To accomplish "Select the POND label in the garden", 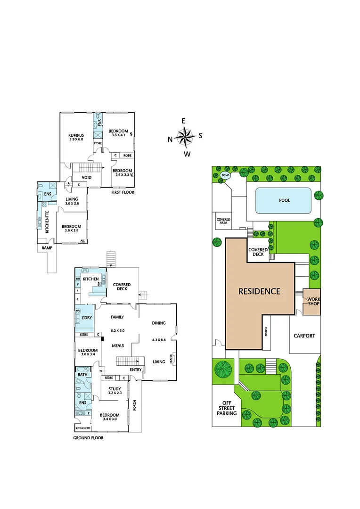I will point(225,175).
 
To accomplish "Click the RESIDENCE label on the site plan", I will point(259,291).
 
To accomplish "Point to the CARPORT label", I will point(304,336).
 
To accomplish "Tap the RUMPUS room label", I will point(76,135).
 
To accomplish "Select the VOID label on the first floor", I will point(87,178).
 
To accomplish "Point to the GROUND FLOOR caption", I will point(88,438).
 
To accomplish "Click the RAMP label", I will point(46,247).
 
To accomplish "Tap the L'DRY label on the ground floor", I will point(86,318).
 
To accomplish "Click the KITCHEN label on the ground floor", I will point(90,279).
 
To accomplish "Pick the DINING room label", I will point(159,323).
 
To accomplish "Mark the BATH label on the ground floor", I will point(82,375).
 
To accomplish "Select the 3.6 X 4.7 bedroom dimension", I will point(118,135).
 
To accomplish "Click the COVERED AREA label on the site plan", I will point(223,222).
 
